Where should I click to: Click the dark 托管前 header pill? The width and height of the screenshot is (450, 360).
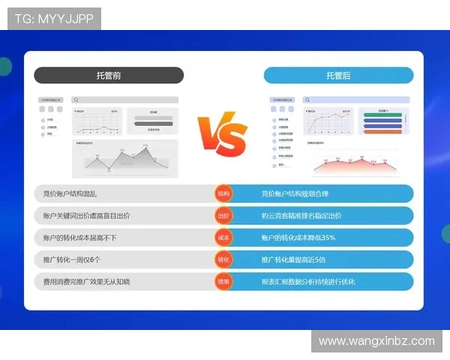[x=109, y=75]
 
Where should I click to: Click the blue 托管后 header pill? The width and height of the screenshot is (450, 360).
[x=338, y=75]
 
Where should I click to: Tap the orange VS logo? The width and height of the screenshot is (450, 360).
[x=222, y=135]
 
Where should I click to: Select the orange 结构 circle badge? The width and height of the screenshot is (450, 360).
[x=223, y=193]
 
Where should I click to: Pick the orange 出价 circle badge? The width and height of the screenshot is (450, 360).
[x=223, y=216]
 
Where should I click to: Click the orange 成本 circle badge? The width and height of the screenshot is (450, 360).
[x=223, y=238]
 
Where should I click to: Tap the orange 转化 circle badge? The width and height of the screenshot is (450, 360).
[x=223, y=259]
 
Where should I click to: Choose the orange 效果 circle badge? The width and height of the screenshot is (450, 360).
[x=223, y=281]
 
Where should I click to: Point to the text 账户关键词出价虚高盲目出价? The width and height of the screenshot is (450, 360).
[x=87, y=216]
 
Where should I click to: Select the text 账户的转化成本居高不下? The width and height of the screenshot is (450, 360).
[x=80, y=238]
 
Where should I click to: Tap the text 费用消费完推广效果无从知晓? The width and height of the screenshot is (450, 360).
[x=87, y=281]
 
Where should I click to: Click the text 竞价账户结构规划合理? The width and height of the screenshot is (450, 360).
[x=295, y=193]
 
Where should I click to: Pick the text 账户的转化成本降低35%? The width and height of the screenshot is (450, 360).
[x=298, y=238]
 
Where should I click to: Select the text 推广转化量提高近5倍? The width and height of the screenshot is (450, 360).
[x=294, y=259]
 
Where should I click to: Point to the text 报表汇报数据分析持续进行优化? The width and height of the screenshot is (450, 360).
[x=307, y=281]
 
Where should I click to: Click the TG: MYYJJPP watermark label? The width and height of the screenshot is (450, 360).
[x=54, y=19]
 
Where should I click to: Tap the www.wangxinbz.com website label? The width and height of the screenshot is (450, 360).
[x=376, y=341]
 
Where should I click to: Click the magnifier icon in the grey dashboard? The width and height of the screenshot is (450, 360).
[x=76, y=99]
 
